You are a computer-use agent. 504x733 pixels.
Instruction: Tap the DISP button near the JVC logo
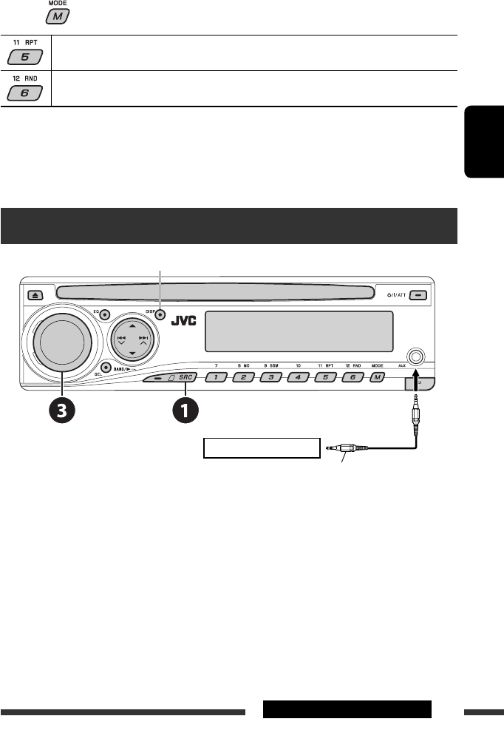click(159, 314)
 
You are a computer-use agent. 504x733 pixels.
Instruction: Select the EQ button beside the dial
click(106, 314)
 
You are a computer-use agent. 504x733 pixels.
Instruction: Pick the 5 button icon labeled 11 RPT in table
click(25, 57)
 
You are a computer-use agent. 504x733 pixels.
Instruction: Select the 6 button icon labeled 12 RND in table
click(25, 93)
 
